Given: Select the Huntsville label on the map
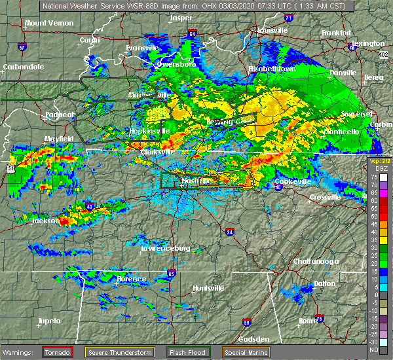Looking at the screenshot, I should coord(208,288).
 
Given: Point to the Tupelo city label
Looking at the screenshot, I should coord(49,321).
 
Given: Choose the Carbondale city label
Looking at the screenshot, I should coord(23,67).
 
